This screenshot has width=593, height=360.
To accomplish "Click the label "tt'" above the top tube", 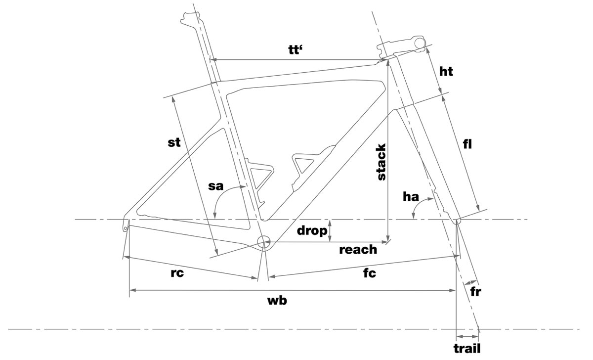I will click(295, 50).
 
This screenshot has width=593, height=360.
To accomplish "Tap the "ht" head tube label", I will click(446, 72).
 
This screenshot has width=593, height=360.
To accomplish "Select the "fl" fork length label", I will click(468, 144).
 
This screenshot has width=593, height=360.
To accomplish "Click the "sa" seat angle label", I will click(216, 186).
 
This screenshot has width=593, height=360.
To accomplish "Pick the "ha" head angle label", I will click(411, 197).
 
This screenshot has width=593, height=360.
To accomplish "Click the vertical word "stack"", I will click(381, 162).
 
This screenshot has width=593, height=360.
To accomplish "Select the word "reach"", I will click(358, 250).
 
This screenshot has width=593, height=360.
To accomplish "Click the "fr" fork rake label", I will click(476, 291).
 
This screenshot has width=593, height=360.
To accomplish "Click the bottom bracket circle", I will click(264, 241).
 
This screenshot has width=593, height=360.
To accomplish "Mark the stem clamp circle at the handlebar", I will click(421, 43).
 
